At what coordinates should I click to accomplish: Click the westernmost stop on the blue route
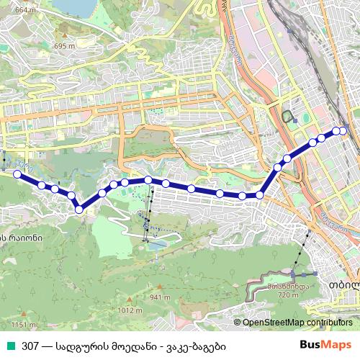point(17,173)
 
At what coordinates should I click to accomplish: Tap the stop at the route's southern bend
point(79,209)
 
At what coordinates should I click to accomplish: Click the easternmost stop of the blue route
point(343,130)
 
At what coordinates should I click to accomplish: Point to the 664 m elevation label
point(24,10)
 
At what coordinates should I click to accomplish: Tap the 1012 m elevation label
point(127,310)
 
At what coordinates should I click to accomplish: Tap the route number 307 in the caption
point(30,345)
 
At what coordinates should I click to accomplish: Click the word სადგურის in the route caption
point(84,345)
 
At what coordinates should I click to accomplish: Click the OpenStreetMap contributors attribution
point(297,322)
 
